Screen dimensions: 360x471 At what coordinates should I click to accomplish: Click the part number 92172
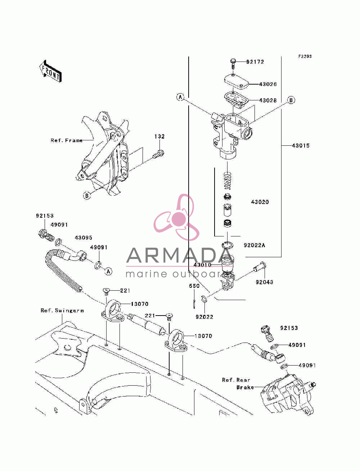(255, 62)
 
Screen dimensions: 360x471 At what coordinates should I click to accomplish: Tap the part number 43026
(268, 84)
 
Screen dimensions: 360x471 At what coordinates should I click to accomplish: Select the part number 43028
(268, 100)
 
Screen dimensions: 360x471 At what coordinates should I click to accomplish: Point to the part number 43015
(301, 145)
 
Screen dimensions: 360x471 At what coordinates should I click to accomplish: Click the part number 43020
(260, 202)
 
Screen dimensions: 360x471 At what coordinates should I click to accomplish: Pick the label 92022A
(255, 245)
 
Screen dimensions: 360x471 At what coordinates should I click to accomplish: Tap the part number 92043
(264, 282)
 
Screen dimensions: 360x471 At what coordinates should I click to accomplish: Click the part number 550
(194, 286)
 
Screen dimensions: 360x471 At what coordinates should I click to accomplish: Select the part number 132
(159, 136)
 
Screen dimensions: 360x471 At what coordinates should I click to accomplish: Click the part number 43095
(83, 237)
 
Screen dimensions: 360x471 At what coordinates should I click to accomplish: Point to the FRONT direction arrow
(50, 71)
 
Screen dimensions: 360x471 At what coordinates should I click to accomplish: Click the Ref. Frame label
(67, 140)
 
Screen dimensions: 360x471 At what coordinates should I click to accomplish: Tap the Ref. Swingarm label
(62, 311)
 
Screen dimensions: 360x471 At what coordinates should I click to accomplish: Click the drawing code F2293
(305, 56)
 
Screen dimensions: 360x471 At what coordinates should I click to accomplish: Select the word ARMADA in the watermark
(179, 255)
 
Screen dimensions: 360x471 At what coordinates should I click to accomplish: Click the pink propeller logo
(176, 217)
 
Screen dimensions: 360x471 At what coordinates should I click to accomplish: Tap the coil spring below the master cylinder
(228, 181)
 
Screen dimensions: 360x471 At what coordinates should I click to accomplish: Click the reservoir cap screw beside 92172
(233, 64)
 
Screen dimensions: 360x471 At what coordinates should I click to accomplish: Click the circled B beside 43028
(291, 100)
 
